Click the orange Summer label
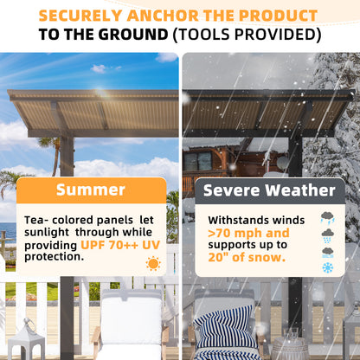91,190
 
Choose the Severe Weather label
269,190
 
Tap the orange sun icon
153,263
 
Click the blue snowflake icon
328,267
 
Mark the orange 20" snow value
219,258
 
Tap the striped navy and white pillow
223,332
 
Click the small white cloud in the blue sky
99,68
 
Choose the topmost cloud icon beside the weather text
328,218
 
